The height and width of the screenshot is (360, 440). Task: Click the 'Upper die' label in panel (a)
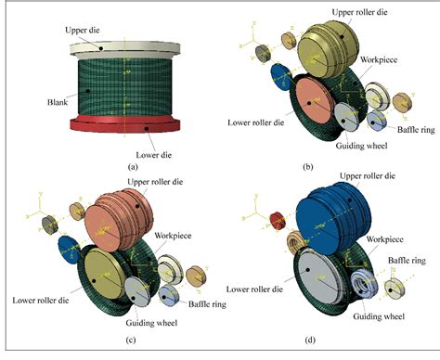83,30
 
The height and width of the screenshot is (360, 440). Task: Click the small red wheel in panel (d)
276,221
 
